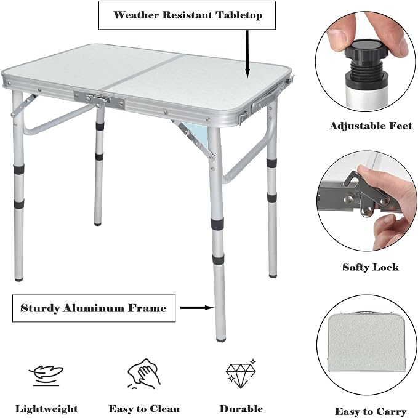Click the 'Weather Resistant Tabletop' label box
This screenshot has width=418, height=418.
(187, 15)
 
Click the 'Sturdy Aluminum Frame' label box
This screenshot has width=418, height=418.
(94, 308)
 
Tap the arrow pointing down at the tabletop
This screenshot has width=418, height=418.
(247, 54)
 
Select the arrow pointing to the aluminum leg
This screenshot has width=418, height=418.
(197, 308)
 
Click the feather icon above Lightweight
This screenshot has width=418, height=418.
(46, 376)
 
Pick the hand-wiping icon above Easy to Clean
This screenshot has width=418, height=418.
(143, 374)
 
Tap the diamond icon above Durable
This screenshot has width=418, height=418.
(241, 374)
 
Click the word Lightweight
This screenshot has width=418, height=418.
(46, 409)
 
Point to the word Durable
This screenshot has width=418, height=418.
(241, 409)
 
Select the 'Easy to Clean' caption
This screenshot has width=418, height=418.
(144, 409)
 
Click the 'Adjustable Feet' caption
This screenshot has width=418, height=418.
(371, 126)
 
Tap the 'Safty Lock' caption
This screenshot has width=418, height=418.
(371, 267)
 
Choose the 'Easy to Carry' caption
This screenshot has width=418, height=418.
(371, 411)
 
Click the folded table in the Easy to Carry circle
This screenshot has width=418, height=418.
(366, 342)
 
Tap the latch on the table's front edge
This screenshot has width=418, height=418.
(99, 100)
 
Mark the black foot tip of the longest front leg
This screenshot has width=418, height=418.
(221, 340)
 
